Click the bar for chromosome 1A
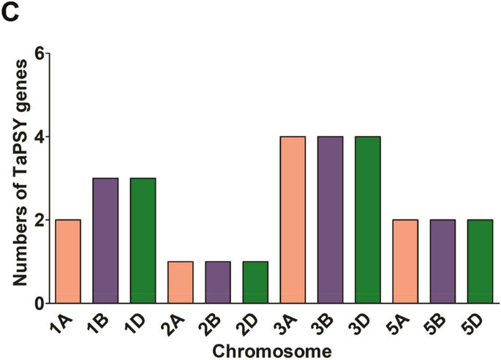(x=67, y=261)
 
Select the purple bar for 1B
(x=105, y=240)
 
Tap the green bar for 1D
(x=143, y=240)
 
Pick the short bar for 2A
(x=180, y=282)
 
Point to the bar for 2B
(x=217, y=282)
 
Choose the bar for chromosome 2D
(x=255, y=282)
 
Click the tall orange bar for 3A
(x=293, y=220)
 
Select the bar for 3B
(x=330, y=220)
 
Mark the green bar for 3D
(x=367, y=220)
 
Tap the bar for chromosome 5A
(x=405, y=261)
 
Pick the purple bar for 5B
(x=442, y=261)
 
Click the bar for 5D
(x=480, y=261)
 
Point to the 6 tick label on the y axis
(x=41, y=53)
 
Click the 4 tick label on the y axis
(x=41, y=137)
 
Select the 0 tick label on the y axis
(x=41, y=303)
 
